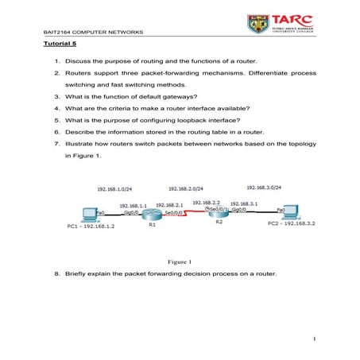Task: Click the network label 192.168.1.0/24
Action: [112, 189]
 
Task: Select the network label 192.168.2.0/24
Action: [185, 188]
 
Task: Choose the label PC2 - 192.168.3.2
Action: [291, 223]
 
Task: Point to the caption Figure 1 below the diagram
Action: [180, 261]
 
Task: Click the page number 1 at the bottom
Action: [315, 343]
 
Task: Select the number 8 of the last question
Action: [57, 273]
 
